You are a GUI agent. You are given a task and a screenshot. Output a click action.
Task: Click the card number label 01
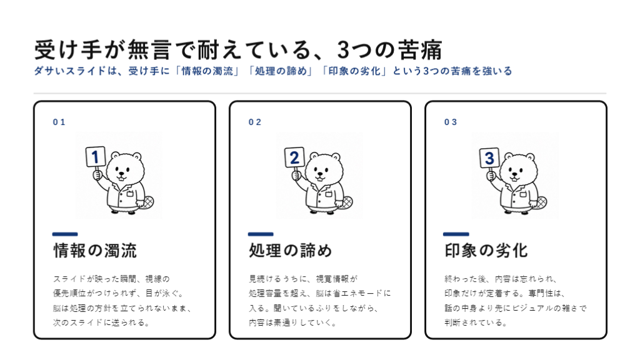59,122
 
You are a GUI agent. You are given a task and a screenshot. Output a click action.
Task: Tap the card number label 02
255,122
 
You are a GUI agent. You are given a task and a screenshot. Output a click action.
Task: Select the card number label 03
451,122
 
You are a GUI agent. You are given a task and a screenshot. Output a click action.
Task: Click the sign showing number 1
96,157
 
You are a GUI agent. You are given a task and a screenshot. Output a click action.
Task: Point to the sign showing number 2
294,157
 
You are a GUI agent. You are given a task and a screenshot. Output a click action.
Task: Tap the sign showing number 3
489,158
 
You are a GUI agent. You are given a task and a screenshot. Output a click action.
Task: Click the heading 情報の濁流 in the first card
95,251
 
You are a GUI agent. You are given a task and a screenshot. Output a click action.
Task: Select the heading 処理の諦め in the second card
291,251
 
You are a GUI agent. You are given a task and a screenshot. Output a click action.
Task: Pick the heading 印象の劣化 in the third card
486,251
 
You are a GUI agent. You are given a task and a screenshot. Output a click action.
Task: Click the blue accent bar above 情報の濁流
65,234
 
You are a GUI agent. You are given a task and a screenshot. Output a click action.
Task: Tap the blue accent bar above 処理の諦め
261,234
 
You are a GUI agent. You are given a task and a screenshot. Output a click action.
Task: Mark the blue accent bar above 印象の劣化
456,234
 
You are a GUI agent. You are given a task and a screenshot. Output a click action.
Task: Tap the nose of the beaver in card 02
321,173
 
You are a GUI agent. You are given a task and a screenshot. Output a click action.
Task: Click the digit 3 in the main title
344,50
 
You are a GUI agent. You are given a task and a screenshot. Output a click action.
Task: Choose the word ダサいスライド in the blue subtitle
70,71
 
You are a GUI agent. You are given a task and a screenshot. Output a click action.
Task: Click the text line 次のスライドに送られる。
102,322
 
